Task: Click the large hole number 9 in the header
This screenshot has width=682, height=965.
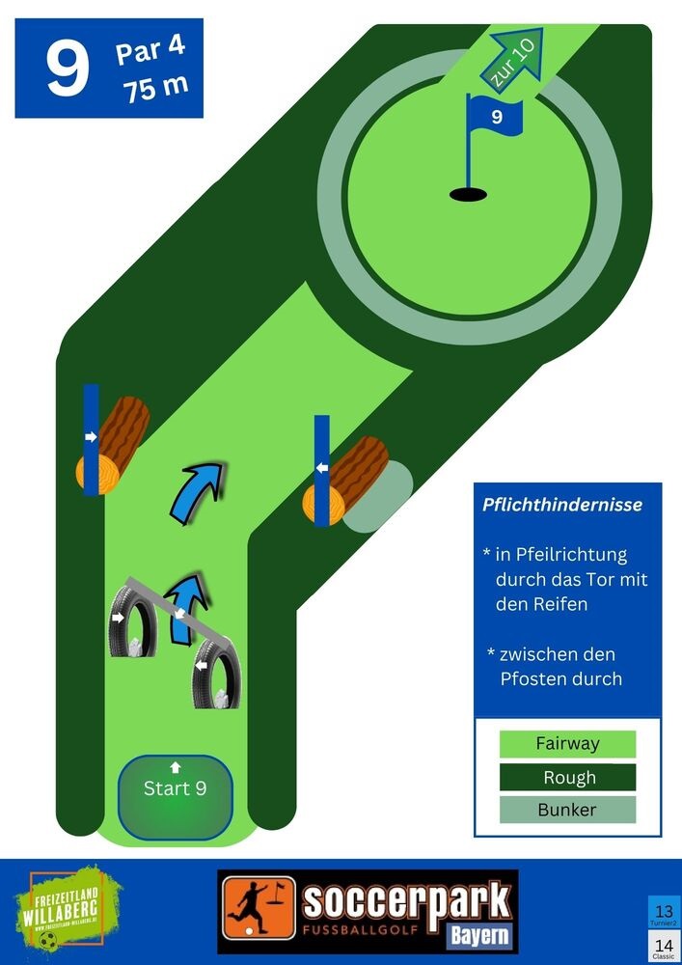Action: (68, 69)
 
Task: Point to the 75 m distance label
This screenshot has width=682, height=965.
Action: (154, 87)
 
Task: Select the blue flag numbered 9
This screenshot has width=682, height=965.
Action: (495, 117)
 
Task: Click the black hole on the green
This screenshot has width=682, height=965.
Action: (469, 195)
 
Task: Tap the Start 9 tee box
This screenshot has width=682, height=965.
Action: (175, 796)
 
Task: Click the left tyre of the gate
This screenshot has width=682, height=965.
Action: (132, 620)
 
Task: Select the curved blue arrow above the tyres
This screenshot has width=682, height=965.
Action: (198, 490)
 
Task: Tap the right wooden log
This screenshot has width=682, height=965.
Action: (347, 481)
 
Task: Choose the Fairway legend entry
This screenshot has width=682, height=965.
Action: (567, 744)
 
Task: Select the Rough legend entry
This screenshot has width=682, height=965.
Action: (567, 777)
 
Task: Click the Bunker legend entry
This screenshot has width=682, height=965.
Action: (567, 810)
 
